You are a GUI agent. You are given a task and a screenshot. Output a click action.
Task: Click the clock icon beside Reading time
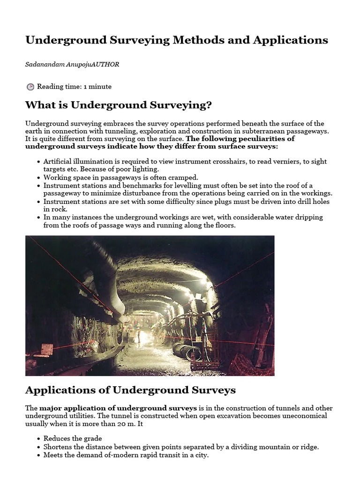tap(30, 87)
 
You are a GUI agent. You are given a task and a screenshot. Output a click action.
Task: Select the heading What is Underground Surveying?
tap(119, 105)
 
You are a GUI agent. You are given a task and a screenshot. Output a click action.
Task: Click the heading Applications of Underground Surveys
tap(130, 390)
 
